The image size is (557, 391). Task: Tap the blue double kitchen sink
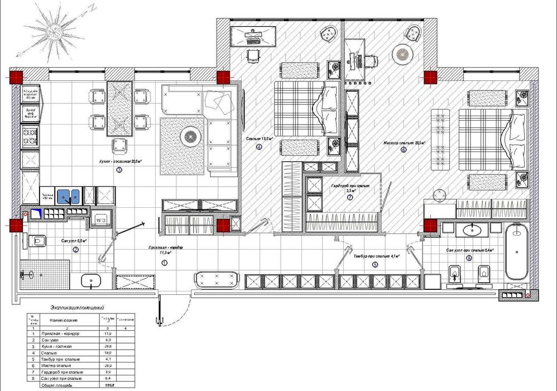70,196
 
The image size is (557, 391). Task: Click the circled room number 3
119,170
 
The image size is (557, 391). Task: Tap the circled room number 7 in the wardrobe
350,197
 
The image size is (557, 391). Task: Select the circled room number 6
404,150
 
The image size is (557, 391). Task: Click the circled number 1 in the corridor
164,262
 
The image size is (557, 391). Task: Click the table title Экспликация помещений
77,308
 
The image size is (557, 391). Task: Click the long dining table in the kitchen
119,108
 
